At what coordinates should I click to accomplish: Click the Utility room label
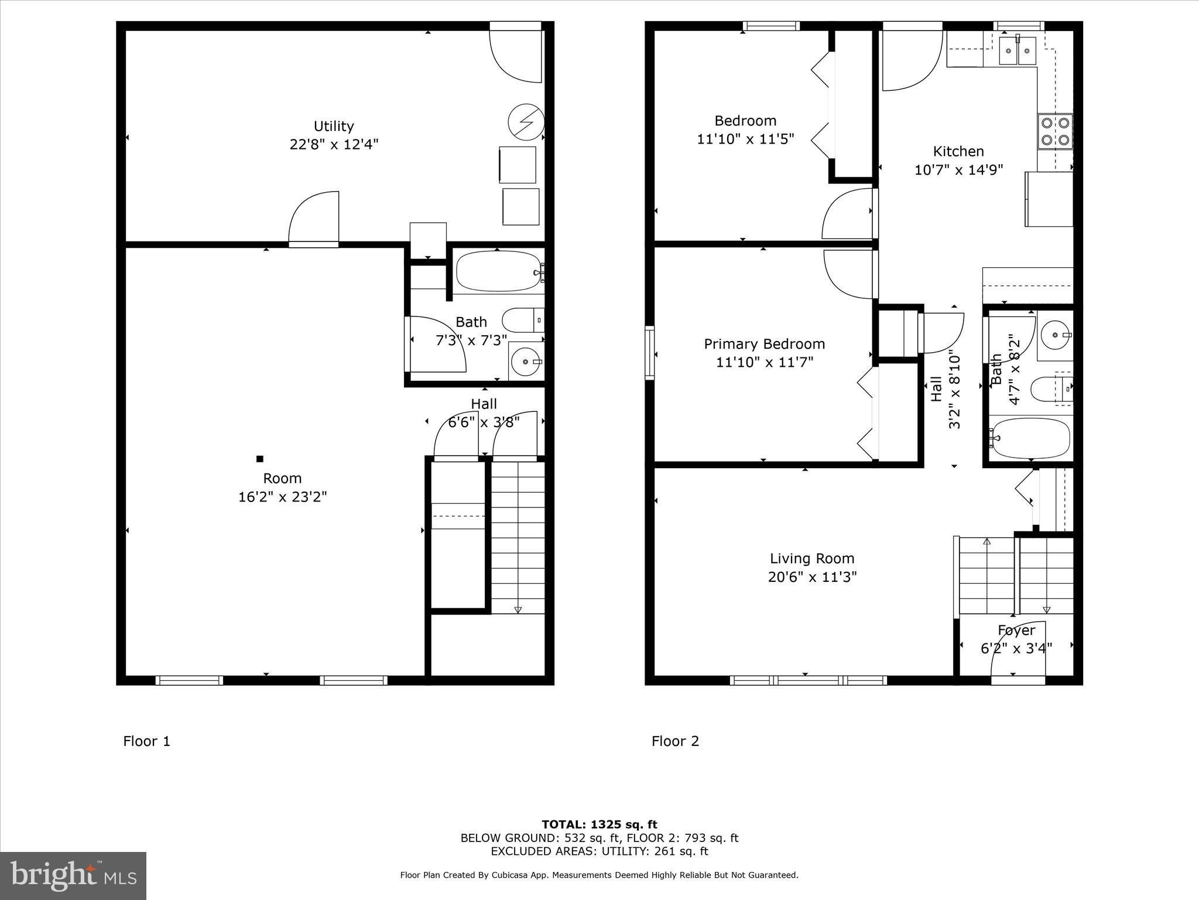[x=334, y=126]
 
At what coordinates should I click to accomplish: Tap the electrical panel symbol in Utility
[x=526, y=122]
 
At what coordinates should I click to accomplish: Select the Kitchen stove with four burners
[x=1055, y=131]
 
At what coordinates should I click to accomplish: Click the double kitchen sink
[x=1018, y=51]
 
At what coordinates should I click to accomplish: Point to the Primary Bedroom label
[x=764, y=344]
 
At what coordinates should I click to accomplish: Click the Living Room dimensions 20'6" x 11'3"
[x=812, y=577]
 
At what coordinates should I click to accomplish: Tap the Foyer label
[x=1016, y=630]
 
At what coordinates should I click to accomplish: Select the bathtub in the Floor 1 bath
[x=499, y=271]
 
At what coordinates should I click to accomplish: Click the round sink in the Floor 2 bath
[x=1056, y=335]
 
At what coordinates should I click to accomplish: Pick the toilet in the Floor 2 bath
[x=1051, y=389]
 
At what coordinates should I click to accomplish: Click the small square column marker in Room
[x=260, y=459]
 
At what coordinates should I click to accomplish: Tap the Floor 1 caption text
[x=146, y=741]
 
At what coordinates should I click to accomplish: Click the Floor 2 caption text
[x=675, y=741]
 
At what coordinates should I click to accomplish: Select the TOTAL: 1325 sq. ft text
[x=599, y=825]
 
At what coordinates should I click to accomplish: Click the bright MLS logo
[x=73, y=875]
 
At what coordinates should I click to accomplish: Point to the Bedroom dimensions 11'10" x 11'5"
[x=745, y=139]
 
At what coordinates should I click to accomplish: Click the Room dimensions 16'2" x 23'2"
[x=282, y=497]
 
